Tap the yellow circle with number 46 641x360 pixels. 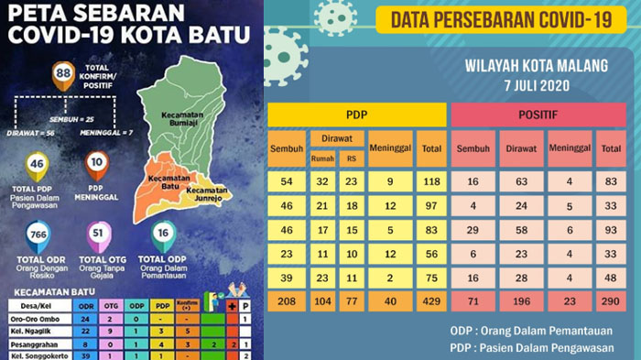click(x=38, y=165)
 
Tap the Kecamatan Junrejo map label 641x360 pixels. click(x=210, y=191)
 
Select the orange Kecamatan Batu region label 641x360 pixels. click(x=164, y=180)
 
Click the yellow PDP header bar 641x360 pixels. click(x=356, y=115)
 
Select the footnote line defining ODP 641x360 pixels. click(x=516, y=330)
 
